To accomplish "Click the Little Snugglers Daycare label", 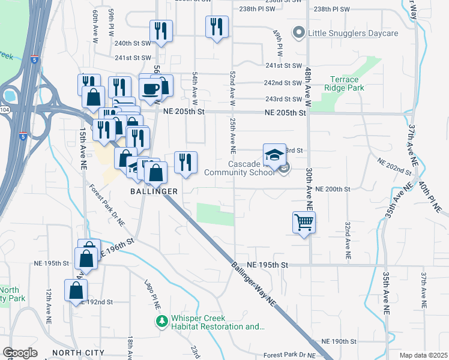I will pyautogui.click(x=353, y=33).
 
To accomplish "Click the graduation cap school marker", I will pyautogui.click(x=274, y=154).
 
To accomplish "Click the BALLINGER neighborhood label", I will pyautogui.click(x=154, y=191).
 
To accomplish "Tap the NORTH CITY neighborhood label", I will pyautogui.click(x=79, y=352).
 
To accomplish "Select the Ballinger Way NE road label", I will pyautogui.click(x=255, y=284).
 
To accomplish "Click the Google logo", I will pyautogui.click(x=20, y=353).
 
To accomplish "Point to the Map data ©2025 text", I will pyautogui.click(x=423, y=355).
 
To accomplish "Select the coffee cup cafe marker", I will pyautogui.click(x=150, y=89).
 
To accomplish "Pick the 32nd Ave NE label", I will pyautogui.click(x=348, y=236).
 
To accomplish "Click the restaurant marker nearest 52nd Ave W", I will pyautogui.click(x=217, y=27).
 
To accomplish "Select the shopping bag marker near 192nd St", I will pyautogui.click(x=76, y=291).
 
